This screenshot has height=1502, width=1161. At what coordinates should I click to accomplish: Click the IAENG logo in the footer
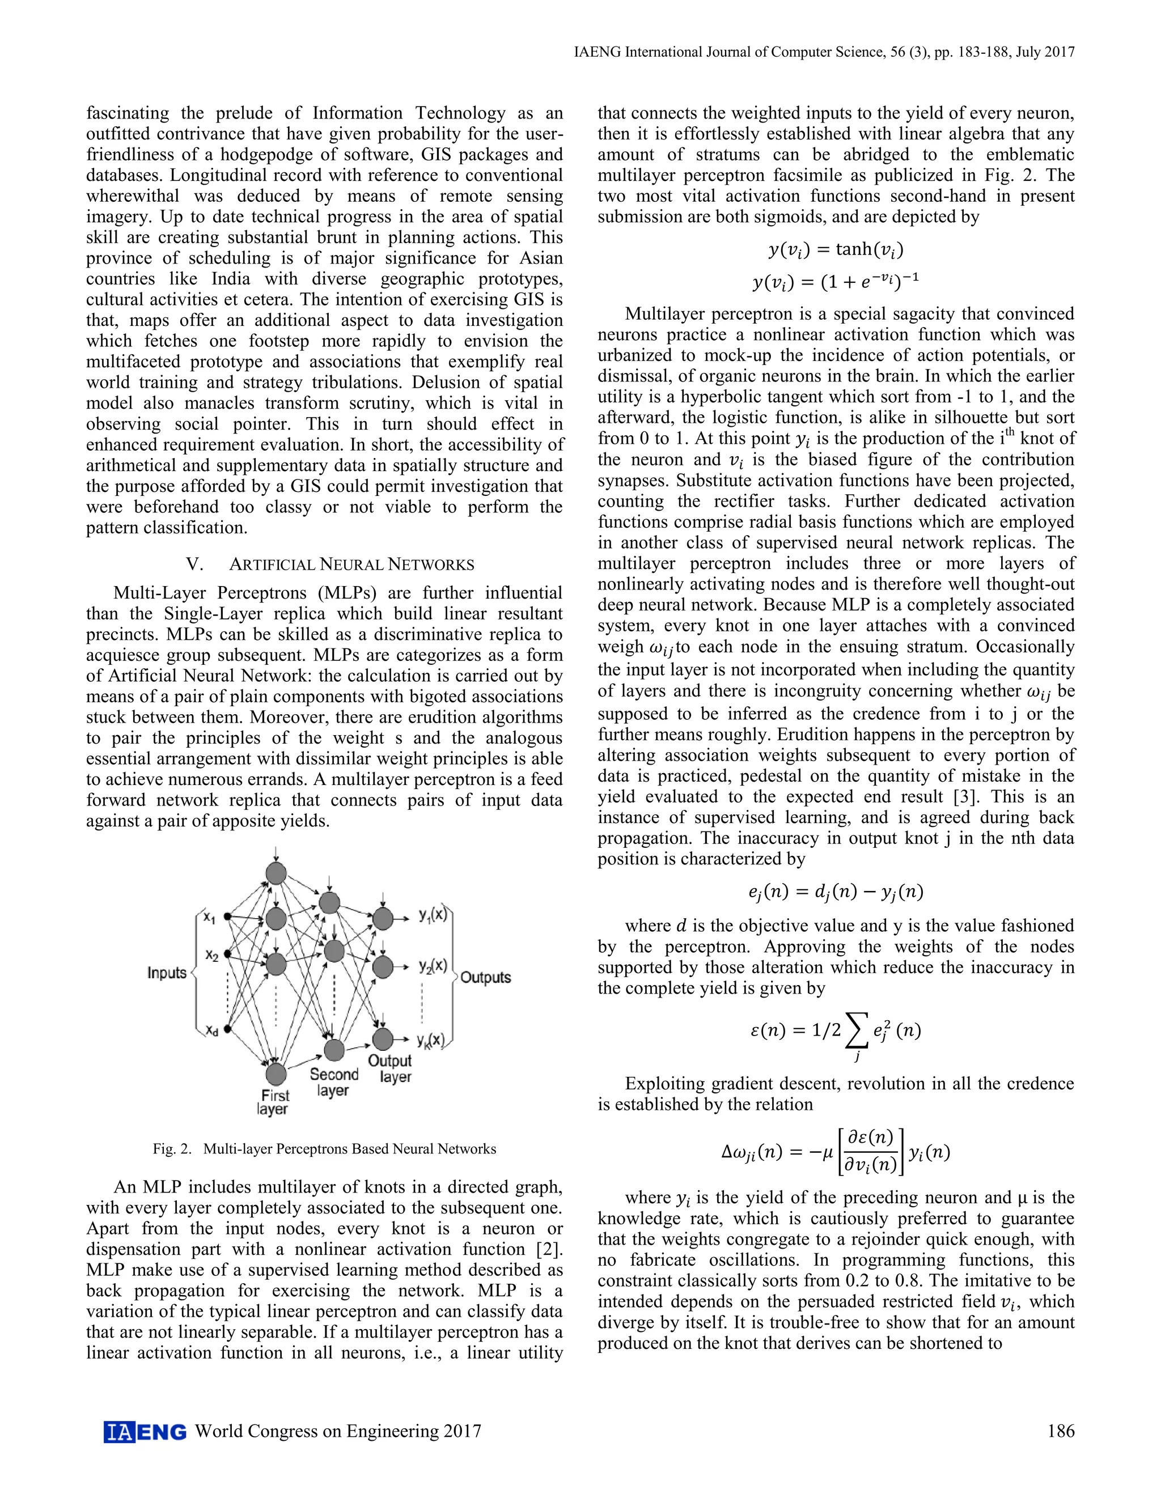pyautogui.click(x=145, y=1431)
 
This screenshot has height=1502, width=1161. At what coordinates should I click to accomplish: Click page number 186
pyautogui.click(x=1060, y=1431)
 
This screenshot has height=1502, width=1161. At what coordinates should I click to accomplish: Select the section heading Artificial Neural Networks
pyautogui.click(x=330, y=565)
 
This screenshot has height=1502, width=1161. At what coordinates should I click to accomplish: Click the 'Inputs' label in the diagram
pyautogui.click(x=167, y=973)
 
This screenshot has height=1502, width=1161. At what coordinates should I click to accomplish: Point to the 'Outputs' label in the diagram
pyautogui.click(x=486, y=977)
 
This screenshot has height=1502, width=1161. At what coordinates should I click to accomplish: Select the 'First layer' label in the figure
pyautogui.click(x=274, y=1102)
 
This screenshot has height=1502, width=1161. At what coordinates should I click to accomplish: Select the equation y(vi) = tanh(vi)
pyautogui.click(x=836, y=249)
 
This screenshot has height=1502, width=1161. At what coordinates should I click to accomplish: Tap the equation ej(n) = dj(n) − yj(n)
pyautogui.click(x=836, y=892)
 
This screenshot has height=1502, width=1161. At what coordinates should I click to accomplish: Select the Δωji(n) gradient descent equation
pyautogui.click(x=836, y=1152)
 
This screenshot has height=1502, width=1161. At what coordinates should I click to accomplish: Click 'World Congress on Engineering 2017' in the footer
pyautogui.click(x=338, y=1431)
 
